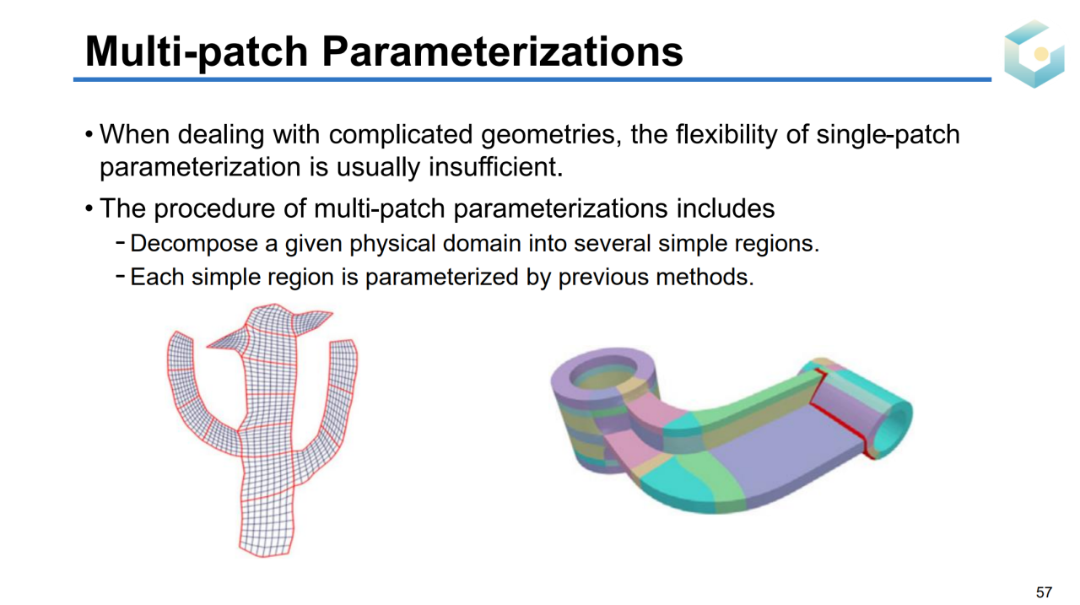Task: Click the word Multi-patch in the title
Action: [197, 52]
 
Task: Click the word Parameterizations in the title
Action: [502, 52]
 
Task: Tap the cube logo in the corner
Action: [1034, 53]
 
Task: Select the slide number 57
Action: [1045, 591]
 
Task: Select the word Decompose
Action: [194, 244]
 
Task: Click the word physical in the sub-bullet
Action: [392, 244]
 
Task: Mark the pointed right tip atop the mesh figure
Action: [332, 313]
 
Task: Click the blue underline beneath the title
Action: [532, 79]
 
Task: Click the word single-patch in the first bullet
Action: [888, 134]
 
